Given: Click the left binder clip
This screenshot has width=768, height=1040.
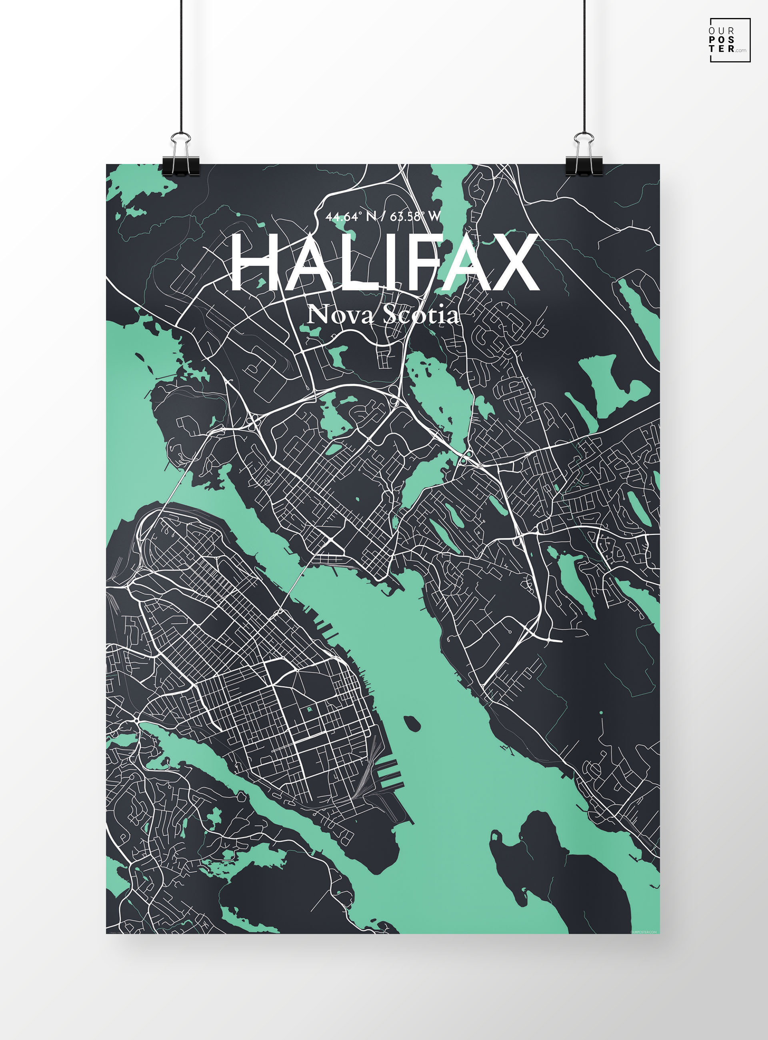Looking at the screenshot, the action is click(181, 158).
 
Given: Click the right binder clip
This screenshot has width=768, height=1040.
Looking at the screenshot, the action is click(584, 158).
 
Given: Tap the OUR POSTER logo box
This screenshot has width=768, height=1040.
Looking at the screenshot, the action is click(730, 40).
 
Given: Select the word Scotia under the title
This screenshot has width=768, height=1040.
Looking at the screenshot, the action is click(421, 315).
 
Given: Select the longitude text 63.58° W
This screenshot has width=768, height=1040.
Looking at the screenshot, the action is click(415, 217).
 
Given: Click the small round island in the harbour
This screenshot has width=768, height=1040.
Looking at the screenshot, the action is click(412, 723).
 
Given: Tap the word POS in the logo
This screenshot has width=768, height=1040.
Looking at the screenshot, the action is click(722, 40).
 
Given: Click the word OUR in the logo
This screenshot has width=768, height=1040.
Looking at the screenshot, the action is click(722, 31).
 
